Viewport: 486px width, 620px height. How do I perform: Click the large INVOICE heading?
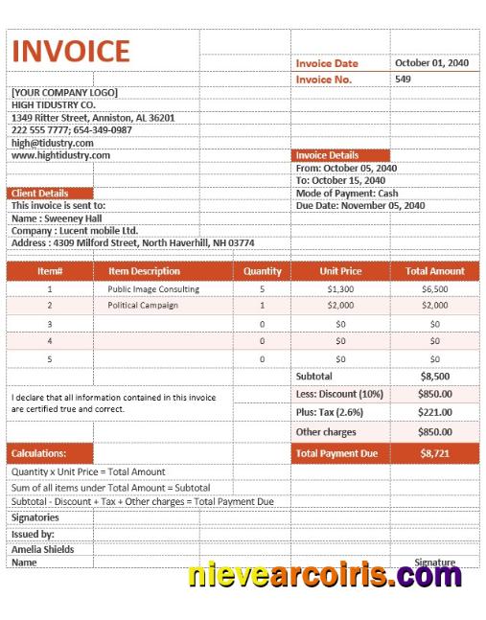click(x=70, y=52)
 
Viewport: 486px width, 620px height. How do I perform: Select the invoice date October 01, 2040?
click(x=431, y=63)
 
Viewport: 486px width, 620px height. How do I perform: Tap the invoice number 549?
click(x=403, y=79)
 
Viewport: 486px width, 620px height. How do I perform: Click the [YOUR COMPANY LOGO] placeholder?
click(x=64, y=92)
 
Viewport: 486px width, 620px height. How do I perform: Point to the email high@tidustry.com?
click(x=53, y=143)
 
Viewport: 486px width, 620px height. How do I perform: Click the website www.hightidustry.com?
click(x=60, y=155)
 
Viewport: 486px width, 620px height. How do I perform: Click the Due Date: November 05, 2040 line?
click(x=360, y=205)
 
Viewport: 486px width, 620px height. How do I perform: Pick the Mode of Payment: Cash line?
click(x=347, y=193)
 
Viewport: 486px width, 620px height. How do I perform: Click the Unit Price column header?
click(x=340, y=271)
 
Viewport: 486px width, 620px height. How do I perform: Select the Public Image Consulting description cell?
click(x=153, y=288)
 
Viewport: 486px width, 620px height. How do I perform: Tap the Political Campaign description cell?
click(x=143, y=306)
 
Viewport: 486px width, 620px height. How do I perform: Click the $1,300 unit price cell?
click(x=340, y=288)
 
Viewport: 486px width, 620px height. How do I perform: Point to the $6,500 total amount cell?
click(x=434, y=288)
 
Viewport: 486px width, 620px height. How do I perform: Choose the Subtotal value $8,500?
click(x=434, y=377)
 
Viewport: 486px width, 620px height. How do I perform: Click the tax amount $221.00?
click(x=434, y=412)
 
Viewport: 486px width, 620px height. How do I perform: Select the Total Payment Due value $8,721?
click(x=434, y=452)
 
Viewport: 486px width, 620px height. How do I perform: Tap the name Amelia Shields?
click(x=43, y=549)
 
